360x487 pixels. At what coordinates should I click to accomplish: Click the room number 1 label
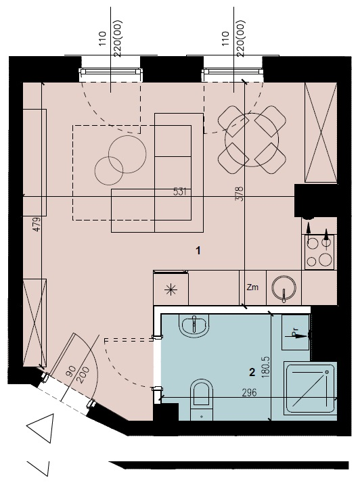pos(198,250)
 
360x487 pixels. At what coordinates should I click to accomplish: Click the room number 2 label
pos(252,372)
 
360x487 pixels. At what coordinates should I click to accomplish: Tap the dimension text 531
pos(180,191)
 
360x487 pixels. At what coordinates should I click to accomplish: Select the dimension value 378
pos(239,194)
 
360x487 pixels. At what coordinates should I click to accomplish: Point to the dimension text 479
pos(37,225)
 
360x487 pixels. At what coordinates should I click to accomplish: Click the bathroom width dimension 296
pos(249,392)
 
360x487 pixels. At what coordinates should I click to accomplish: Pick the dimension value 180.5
pos(266,367)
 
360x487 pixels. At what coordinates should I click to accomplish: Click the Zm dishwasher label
pos(252,287)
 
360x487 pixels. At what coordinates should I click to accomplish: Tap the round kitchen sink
pos(284,288)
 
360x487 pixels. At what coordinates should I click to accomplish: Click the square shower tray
pos(311,388)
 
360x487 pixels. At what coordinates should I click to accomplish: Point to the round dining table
pos(252,140)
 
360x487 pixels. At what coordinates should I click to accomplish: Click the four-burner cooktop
pos(319,252)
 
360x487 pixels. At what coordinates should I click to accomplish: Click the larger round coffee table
pos(127,154)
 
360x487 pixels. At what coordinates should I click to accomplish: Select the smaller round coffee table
pos(109,170)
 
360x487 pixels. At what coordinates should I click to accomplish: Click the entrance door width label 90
pos(72,371)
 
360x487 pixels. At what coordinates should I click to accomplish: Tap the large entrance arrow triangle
pos(41,427)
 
